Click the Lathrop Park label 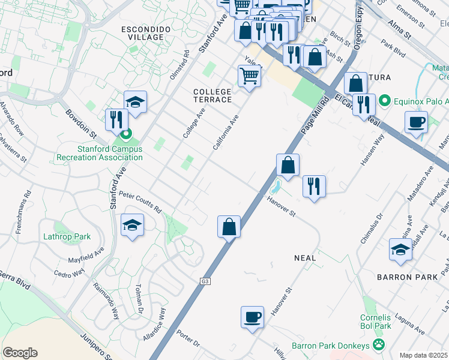click(x=67, y=236)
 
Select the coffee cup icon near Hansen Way click(x=415, y=124)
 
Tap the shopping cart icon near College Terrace click(x=249, y=77)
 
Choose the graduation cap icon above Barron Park click(x=400, y=250)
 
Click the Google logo click(x=20, y=352)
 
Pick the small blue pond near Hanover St click(x=277, y=184)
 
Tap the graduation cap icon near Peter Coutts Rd click(x=132, y=226)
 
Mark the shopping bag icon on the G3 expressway click(x=229, y=227)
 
